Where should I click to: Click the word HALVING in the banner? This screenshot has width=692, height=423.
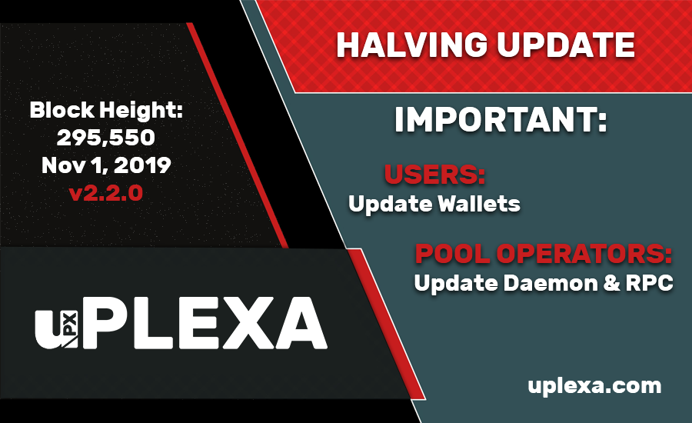411,45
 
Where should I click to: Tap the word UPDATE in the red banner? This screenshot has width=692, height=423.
566,45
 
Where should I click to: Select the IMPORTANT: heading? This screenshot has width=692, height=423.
501,119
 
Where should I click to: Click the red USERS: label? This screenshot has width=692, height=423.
434,174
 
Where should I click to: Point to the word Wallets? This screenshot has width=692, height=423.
479,204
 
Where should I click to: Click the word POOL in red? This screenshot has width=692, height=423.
452,254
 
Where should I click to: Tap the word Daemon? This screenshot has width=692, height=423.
550,283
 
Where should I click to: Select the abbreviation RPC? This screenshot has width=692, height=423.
650,283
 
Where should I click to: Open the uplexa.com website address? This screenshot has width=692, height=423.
594,386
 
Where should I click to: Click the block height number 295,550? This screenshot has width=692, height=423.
106,138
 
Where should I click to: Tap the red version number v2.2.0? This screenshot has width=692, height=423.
106,193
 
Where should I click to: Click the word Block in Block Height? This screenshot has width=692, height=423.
62,110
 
